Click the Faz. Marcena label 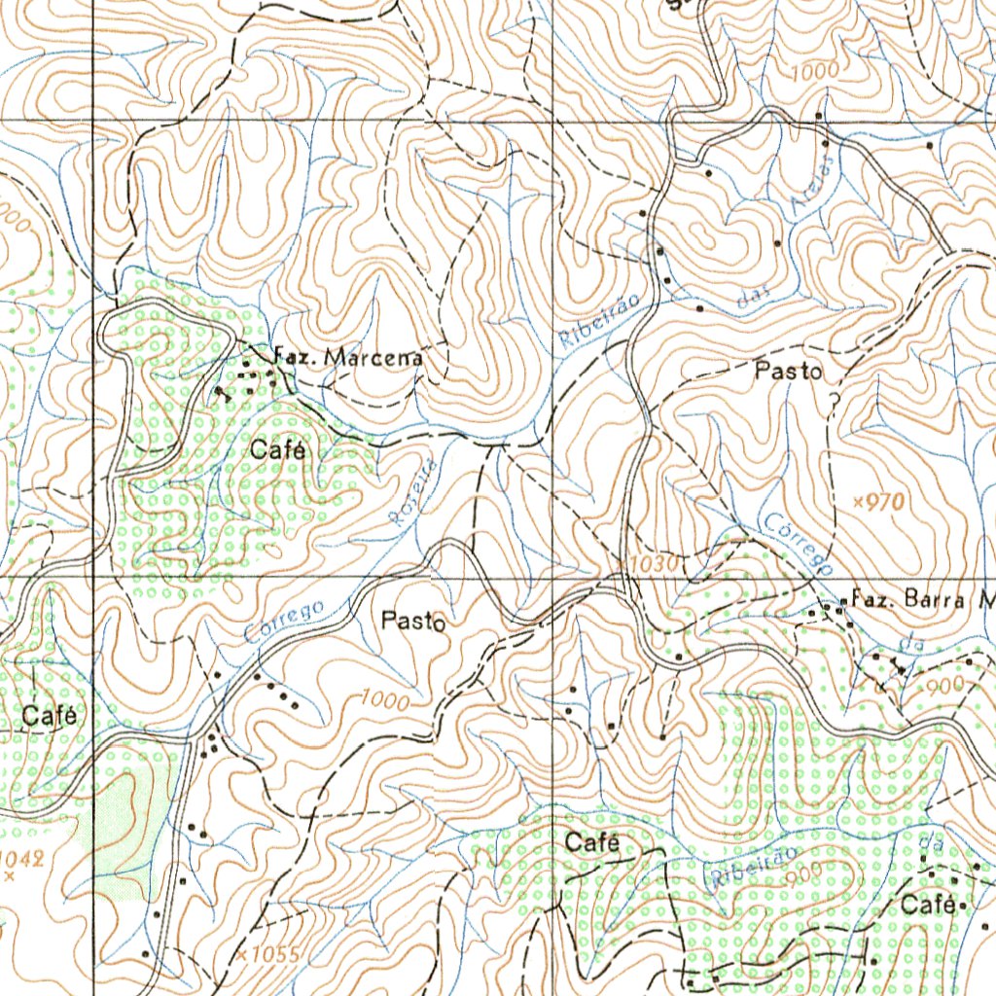[x=349, y=357]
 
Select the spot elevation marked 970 [x=879, y=502]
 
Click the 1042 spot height [x=19, y=860]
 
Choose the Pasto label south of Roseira [x=413, y=621]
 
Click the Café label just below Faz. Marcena [x=278, y=450]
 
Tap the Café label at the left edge [x=49, y=717]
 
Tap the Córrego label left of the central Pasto [x=284, y=623]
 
